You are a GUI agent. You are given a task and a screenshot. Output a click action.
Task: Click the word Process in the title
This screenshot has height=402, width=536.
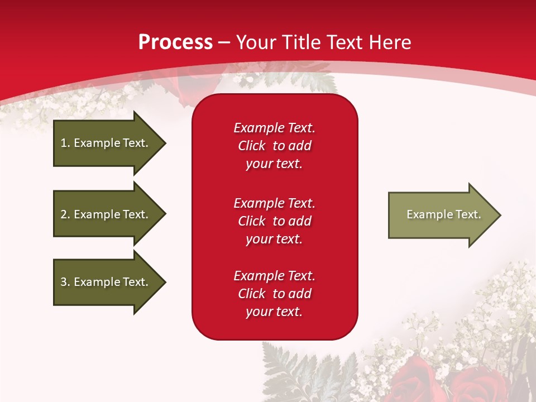point(175,42)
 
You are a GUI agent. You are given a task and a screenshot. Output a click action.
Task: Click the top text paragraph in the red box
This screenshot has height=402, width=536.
point(274,146)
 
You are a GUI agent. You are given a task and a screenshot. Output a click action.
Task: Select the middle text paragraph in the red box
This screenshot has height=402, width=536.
point(274,221)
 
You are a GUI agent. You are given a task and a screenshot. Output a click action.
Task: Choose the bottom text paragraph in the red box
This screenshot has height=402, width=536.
point(274,294)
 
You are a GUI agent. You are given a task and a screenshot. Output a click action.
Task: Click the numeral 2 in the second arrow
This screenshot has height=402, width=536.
point(64,214)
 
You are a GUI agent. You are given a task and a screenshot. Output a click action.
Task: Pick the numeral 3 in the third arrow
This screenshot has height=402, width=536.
point(64,282)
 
